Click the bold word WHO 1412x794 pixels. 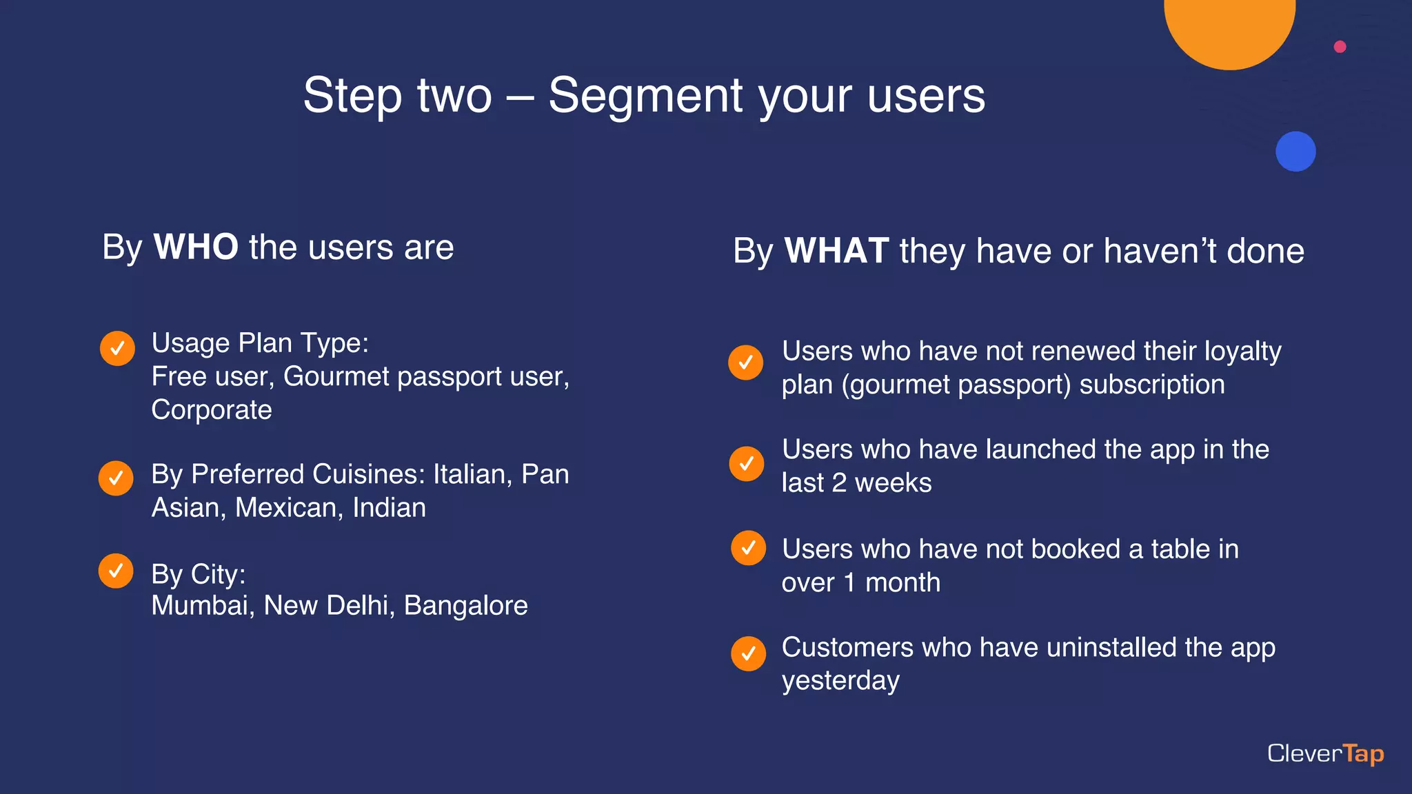[x=196, y=247]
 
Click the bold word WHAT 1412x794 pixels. [x=836, y=251]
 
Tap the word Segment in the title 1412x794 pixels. [x=645, y=95]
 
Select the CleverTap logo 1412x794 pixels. [x=1325, y=753]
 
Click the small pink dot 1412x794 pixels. [x=1340, y=47]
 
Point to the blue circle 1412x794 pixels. [x=1295, y=152]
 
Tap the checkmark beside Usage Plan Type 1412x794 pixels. [x=117, y=348]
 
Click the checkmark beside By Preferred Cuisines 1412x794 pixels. [x=116, y=478]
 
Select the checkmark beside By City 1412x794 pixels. [x=116, y=571]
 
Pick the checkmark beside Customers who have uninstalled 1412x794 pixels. [x=748, y=653]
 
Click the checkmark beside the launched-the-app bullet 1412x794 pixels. [x=746, y=463]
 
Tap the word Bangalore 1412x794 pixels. [x=465, y=606]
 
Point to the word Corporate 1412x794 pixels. [x=212, y=410]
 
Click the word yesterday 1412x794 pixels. [x=840, y=681]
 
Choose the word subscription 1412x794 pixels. [x=1151, y=385]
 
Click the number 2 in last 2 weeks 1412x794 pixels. [x=839, y=483]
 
